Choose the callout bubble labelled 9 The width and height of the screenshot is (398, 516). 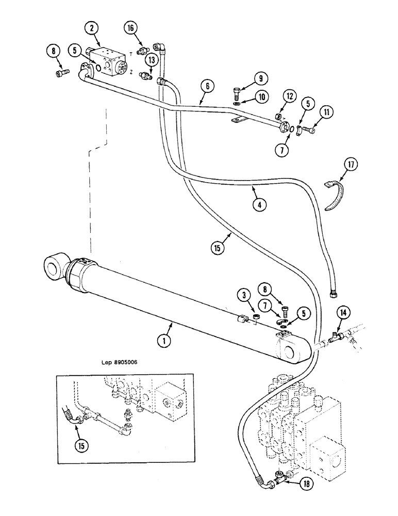(x=261, y=79)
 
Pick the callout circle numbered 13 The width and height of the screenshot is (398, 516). (x=151, y=60)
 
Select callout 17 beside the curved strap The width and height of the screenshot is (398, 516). (x=352, y=166)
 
